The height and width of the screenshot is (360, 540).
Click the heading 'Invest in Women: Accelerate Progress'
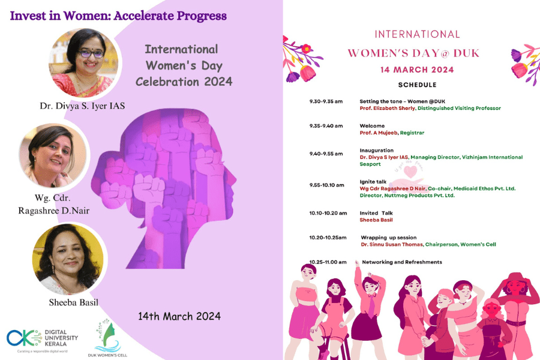pyautogui.click(x=118, y=16)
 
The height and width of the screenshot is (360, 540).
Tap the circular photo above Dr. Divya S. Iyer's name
pyautogui.click(x=85, y=63)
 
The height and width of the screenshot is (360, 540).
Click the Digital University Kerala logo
pyautogui.click(x=42, y=339)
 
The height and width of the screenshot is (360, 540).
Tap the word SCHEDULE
pyautogui.click(x=417, y=85)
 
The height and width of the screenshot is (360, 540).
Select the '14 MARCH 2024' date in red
pyautogui.click(x=417, y=70)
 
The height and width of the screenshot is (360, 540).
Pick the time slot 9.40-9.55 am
pyautogui.click(x=326, y=154)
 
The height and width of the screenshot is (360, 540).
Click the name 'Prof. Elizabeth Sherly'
pyautogui.click(x=387, y=109)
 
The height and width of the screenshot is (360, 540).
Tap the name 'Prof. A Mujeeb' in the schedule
pyautogui.click(x=379, y=133)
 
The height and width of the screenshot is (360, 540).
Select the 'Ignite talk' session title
pyautogui.click(x=373, y=181)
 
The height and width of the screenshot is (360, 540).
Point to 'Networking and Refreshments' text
pyautogui.click(x=402, y=262)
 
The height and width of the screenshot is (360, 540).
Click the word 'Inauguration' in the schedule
pyautogui.click(x=377, y=150)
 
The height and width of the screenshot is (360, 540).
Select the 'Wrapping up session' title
pyautogui.click(x=388, y=238)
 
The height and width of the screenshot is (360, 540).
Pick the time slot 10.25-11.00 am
pyautogui.click(x=328, y=262)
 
